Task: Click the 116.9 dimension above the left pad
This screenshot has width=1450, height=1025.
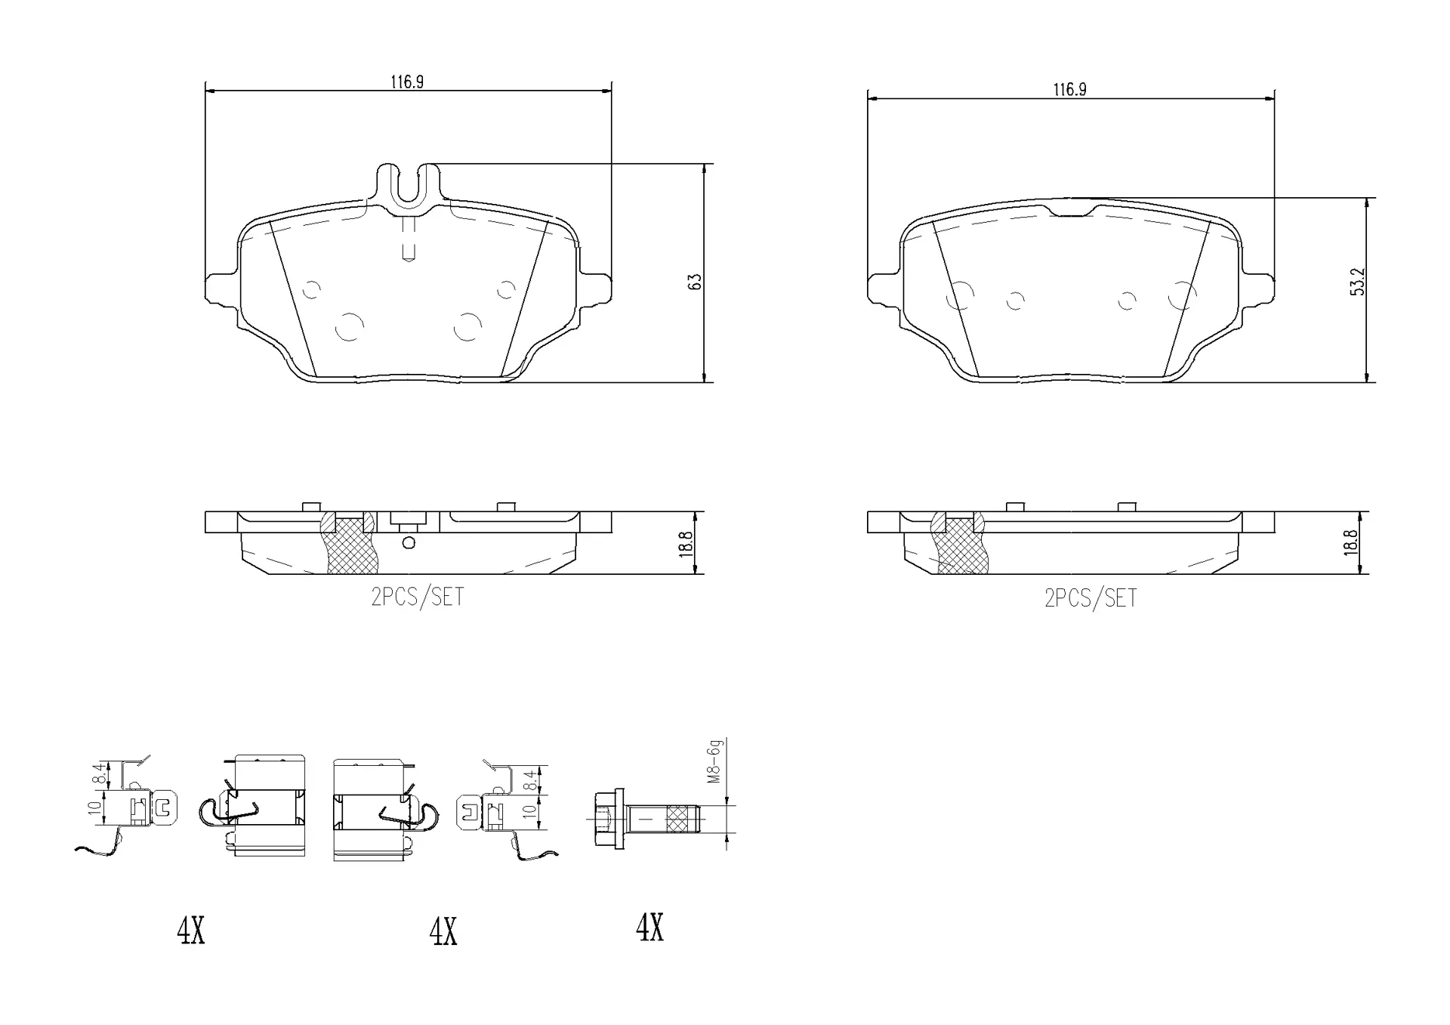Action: [406, 82]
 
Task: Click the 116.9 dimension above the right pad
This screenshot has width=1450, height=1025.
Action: [1069, 89]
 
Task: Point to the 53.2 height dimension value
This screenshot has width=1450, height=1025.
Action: [1358, 281]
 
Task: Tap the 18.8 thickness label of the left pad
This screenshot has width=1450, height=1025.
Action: [686, 544]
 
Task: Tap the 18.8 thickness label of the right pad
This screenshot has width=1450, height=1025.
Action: [1351, 543]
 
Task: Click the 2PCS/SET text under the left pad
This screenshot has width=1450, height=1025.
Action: [417, 597]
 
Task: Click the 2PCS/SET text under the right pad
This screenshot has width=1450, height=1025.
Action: [1090, 599]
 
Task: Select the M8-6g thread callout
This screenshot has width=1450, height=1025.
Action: [714, 761]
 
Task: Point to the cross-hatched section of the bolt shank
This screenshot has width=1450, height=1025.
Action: [677, 818]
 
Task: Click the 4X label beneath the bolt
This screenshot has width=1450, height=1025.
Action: [649, 928]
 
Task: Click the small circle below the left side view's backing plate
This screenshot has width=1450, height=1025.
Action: [409, 542]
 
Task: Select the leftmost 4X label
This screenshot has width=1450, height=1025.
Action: [190, 931]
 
